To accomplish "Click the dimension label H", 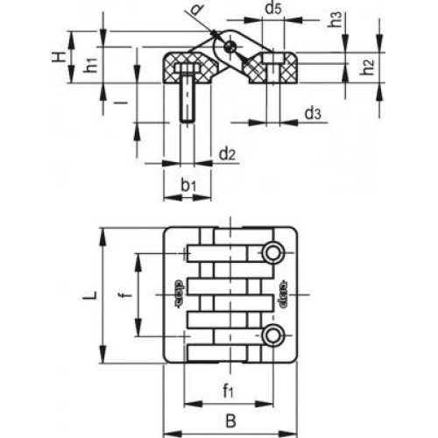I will tap(57, 57).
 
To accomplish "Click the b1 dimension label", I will tap(189, 186).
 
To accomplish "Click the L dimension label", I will tap(88, 296).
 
